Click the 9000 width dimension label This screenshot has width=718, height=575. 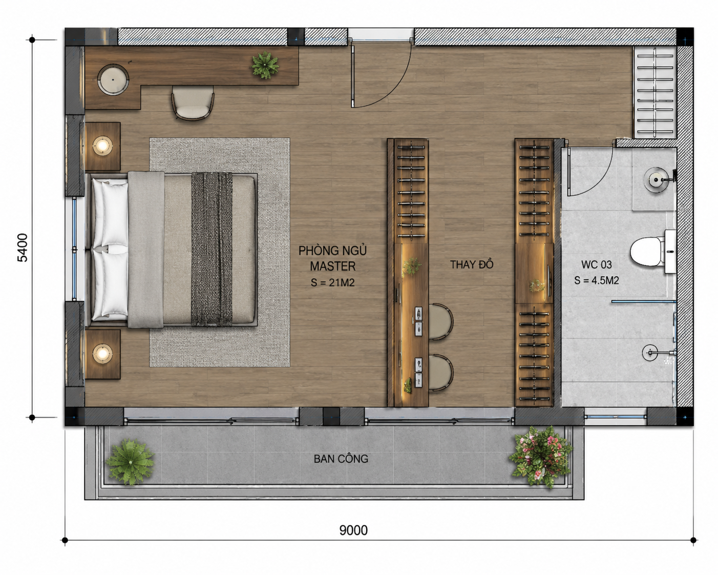pyautogui.click(x=353, y=530)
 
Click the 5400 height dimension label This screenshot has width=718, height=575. pyautogui.click(x=23, y=248)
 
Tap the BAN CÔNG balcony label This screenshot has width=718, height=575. pyautogui.click(x=341, y=459)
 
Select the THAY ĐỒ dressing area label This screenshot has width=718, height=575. pyautogui.click(x=472, y=264)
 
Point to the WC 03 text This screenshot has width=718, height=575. pyautogui.click(x=597, y=265)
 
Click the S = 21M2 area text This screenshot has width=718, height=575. pyautogui.click(x=333, y=282)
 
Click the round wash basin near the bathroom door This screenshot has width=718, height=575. pyautogui.click(x=657, y=180)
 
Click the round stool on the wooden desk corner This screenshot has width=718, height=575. pyautogui.click(x=113, y=80)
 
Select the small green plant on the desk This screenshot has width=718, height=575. pyautogui.click(x=265, y=65)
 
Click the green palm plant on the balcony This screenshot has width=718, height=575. pyautogui.click(x=130, y=462)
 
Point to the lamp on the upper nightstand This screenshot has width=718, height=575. pyautogui.click(x=102, y=146)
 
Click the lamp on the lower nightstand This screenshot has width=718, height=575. pyautogui.click(x=102, y=354)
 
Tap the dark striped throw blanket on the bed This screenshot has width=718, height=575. pyautogui.click(x=212, y=249)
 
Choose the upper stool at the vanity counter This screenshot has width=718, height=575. pyautogui.click(x=440, y=321)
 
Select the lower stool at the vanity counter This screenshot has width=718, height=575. pyautogui.click(x=440, y=373)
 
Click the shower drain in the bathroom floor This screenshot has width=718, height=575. pyautogui.click(x=650, y=353)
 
